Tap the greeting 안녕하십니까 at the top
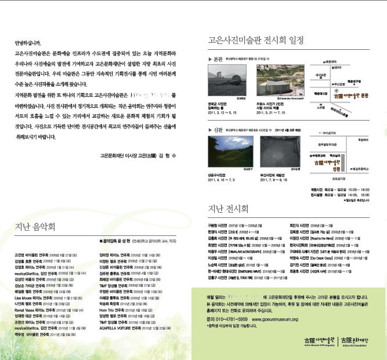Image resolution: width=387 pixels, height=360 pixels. tap(27, 43)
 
